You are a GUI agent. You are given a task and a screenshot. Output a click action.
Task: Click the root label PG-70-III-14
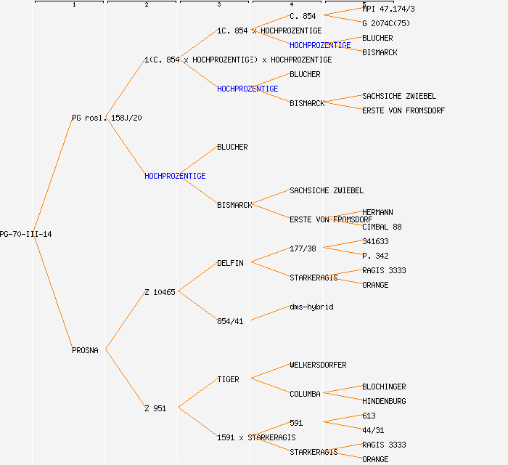click(x=26, y=234)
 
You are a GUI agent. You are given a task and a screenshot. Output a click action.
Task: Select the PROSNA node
click(x=85, y=350)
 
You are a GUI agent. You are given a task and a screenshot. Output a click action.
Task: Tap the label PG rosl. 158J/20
click(x=107, y=118)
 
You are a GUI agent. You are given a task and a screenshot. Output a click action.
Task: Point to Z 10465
click(x=160, y=292)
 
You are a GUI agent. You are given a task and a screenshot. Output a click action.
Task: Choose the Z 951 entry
click(x=155, y=408)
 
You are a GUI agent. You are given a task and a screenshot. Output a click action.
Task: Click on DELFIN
click(x=230, y=263)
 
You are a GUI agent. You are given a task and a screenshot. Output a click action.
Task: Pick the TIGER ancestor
click(x=228, y=379)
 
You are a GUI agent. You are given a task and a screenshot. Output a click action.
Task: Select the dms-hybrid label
click(x=311, y=307)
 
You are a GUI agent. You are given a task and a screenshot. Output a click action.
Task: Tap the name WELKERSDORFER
click(x=318, y=365)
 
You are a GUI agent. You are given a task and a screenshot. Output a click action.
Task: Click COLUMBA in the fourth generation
click(x=305, y=394)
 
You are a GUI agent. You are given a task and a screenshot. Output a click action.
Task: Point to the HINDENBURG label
click(x=384, y=401)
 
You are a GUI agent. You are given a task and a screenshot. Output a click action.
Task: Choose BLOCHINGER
click(x=384, y=387)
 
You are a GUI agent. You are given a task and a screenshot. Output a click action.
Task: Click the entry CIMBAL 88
click(x=382, y=227)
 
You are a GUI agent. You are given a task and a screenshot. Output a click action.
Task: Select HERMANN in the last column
click(x=377, y=212)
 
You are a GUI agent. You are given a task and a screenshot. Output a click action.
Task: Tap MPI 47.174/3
click(x=388, y=9)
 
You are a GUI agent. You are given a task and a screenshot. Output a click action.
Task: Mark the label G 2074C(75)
click(x=386, y=23)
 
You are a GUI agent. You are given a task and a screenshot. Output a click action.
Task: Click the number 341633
click(x=375, y=241)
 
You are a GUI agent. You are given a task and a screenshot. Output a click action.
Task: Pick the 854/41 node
click(x=230, y=321)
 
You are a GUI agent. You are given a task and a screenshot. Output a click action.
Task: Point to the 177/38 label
click(x=303, y=248)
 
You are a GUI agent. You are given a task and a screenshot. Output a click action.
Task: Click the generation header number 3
click(x=218, y=5)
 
